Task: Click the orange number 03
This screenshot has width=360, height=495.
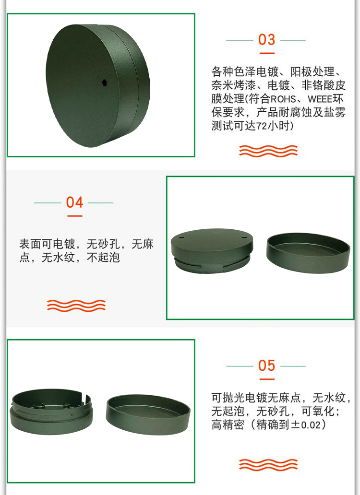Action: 266,40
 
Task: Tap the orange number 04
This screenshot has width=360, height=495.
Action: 74,202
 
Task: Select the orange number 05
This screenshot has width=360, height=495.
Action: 266,365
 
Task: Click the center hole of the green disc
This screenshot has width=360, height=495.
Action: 104,83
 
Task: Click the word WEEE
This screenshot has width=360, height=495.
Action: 320,99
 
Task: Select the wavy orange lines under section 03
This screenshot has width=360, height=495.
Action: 268,151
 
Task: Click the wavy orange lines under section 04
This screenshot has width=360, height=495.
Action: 76,306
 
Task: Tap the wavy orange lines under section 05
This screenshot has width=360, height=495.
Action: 268,464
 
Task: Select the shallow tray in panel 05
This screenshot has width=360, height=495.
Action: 148,414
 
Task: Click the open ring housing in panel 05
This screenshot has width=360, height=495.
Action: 52,412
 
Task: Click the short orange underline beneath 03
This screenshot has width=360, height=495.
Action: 267,53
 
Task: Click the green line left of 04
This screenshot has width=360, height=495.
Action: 48,203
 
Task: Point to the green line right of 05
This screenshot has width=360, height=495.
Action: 293,366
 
